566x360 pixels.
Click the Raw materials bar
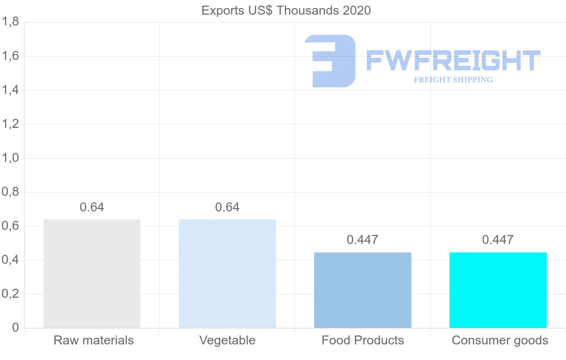[x=92, y=274]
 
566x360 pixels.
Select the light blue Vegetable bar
[x=227, y=274]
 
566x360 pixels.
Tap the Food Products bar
[x=363, y=290]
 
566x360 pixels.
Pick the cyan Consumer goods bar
[x=498, y=290]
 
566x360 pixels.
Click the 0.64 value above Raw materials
[x=92, y=207]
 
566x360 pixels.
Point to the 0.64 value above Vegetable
[x=227, y=207]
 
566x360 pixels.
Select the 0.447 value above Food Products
[x=362, y=240]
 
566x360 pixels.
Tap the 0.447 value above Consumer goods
[x=498, y=240]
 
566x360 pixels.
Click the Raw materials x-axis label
[x=94, y=340]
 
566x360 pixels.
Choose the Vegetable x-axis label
[x=227, y=340]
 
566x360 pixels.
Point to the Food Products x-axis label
[x=363, y=340]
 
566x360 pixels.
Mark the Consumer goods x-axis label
[x=500, y=340]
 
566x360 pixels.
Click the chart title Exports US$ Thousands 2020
[x=286, y=10]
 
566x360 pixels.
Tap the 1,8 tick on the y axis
[x=10, y=22]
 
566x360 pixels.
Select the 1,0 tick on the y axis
[x=10, y=158]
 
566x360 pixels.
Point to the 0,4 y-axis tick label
[x=10, y=260]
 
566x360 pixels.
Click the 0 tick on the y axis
[x=15, y=328]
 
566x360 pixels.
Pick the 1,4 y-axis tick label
[x=10, y=90]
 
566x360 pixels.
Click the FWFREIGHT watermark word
[x=453, y=60]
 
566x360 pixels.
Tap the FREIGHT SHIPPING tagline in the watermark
[x=453, y=80]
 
